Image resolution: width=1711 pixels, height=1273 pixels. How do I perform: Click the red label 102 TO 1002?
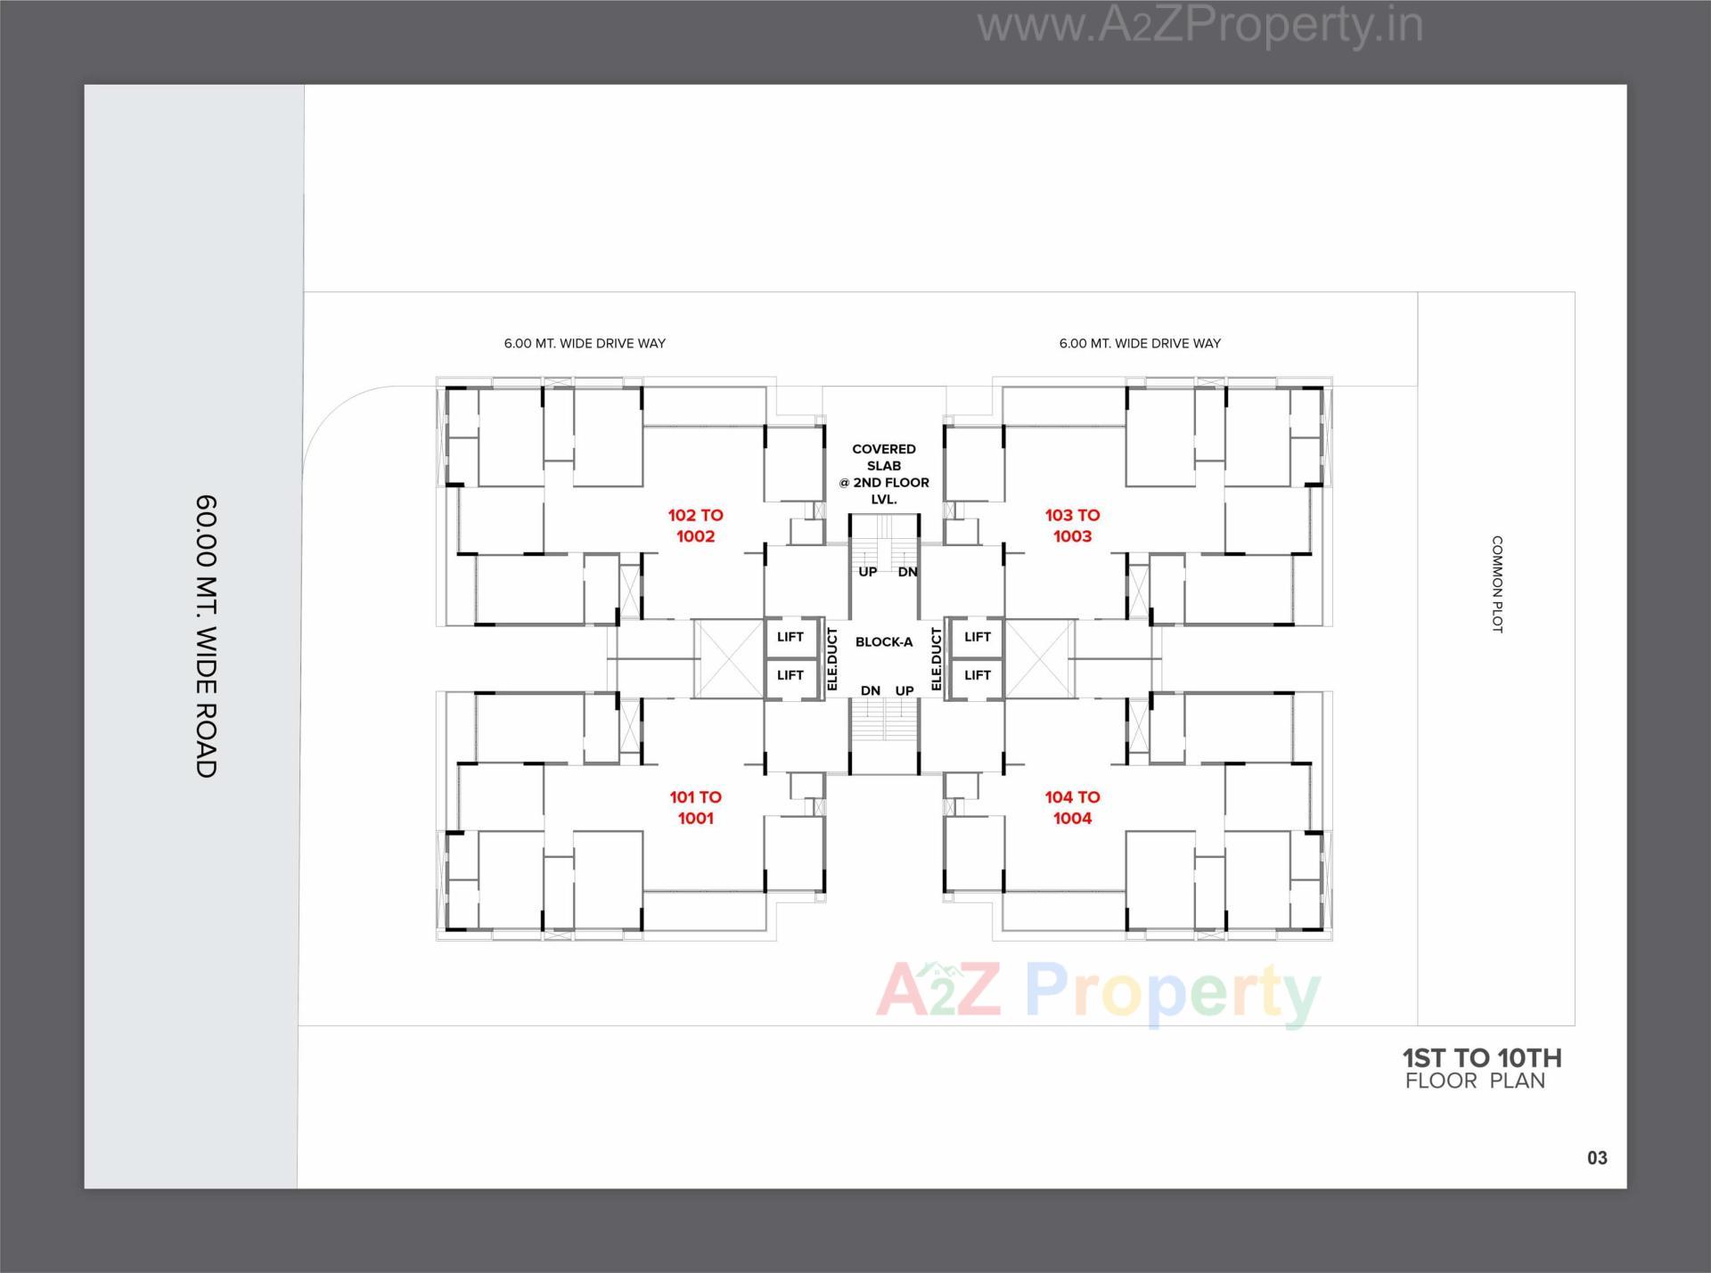pyautogui.click(x=695, y=526)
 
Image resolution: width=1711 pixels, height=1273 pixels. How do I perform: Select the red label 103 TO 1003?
pyautogui.click(x=1072, y=526)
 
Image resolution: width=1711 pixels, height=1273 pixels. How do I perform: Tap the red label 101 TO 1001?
pyautogui.click(x=695, y=807)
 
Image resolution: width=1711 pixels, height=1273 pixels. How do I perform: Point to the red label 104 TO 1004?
pyautogui.click(x=1072, y=807)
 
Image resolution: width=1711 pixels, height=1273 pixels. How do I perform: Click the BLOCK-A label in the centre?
pyautogui.click(x=883, y=642)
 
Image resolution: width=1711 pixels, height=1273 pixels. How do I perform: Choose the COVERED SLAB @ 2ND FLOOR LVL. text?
pyautogui.click(x=883, y=474)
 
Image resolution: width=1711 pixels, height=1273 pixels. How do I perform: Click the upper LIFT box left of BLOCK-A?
pyautogui.click(x=790, y=637)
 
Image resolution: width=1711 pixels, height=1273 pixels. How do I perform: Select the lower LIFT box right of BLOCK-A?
pyautogui.click(x=977, y=675)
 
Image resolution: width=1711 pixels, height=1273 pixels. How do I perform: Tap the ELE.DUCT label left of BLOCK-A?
pyautogui.click(x=832, y=659)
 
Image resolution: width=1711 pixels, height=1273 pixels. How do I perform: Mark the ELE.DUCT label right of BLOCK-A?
pyautogui.click(x=936, y=659)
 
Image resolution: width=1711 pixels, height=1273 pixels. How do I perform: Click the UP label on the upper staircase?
pyautogui.click(x=867, y=572)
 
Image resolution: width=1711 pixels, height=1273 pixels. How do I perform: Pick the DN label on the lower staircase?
pyautogui.click(x=870, y=690)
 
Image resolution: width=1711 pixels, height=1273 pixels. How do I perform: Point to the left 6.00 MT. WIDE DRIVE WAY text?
pyautogui.click(x=585, y=343)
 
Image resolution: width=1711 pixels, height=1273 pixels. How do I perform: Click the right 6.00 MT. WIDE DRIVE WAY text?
pyautogui.click(x=1140, y=343)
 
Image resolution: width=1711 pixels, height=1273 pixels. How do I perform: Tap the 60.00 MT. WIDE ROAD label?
pyautogui.click(x=206, y=636)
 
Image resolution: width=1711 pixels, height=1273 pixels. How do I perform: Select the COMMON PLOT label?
pyautogui.click(x=1497, y=584)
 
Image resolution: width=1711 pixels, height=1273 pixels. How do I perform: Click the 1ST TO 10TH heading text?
pyautogui.click(x=1481, y=1058)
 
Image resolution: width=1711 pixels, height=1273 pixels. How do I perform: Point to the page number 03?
pyautogui.click(x=1597, y=1158)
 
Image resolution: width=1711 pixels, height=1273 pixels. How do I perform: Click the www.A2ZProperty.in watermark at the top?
pyautogui.click(x=1199, y=25)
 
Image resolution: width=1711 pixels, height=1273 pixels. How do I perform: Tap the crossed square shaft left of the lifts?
pyautogui.click(x=728, y=659)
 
